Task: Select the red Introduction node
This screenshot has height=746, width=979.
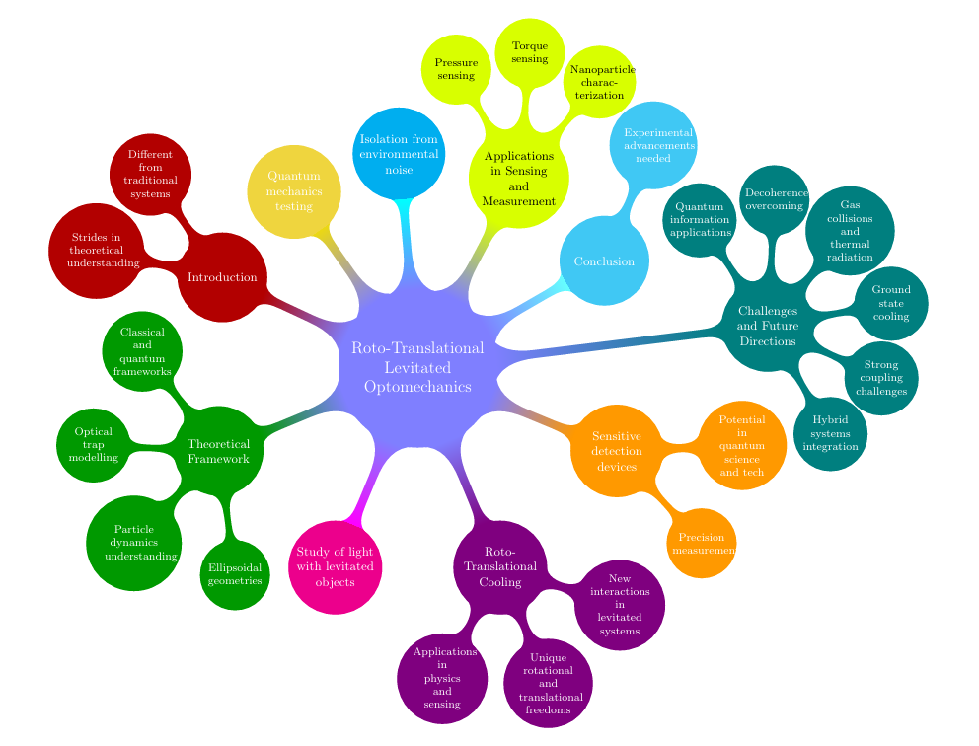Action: click(x=222, y=277)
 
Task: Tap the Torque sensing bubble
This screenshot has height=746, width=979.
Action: click(x=530, y=52)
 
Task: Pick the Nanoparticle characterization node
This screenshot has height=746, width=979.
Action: click(x=600, y=82)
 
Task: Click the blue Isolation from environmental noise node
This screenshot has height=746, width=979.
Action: click(x=399, y=153)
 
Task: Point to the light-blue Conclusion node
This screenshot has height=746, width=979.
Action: click(x=604, y=261)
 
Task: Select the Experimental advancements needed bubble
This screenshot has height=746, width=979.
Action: click(x=652, y=144)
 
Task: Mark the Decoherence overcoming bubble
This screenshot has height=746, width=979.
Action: click(x=775, y=199)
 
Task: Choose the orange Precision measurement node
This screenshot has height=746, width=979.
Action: click(x=702, y=544)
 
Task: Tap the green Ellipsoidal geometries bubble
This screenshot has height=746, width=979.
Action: click(x=235, y=575)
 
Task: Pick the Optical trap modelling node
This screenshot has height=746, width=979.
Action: click(x=94, y=445)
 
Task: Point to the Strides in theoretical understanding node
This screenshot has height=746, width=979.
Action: click(x=97, y=251)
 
